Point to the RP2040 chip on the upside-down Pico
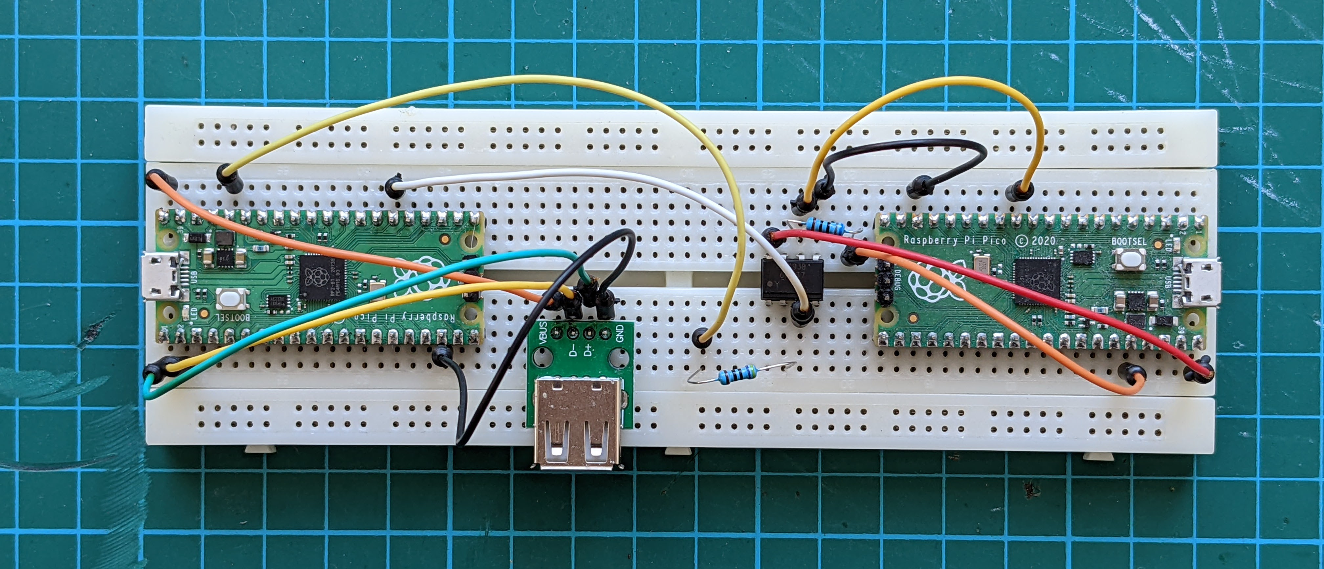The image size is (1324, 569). (321, 277)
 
